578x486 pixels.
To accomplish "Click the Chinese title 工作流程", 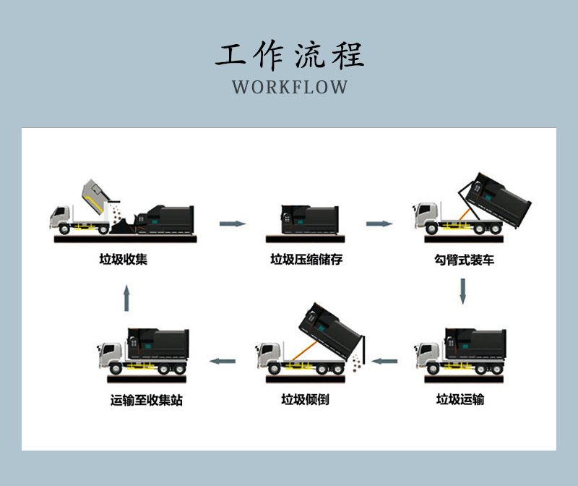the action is [290, 55].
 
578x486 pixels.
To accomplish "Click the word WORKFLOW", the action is [290, 88].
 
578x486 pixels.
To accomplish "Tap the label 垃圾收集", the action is [123, 259].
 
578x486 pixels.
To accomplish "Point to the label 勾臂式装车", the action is [460, 259].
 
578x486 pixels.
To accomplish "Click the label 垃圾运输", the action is [460, 398].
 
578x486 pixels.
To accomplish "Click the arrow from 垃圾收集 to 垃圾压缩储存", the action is [232, 223].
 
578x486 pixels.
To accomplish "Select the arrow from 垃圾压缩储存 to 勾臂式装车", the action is [379, 223].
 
